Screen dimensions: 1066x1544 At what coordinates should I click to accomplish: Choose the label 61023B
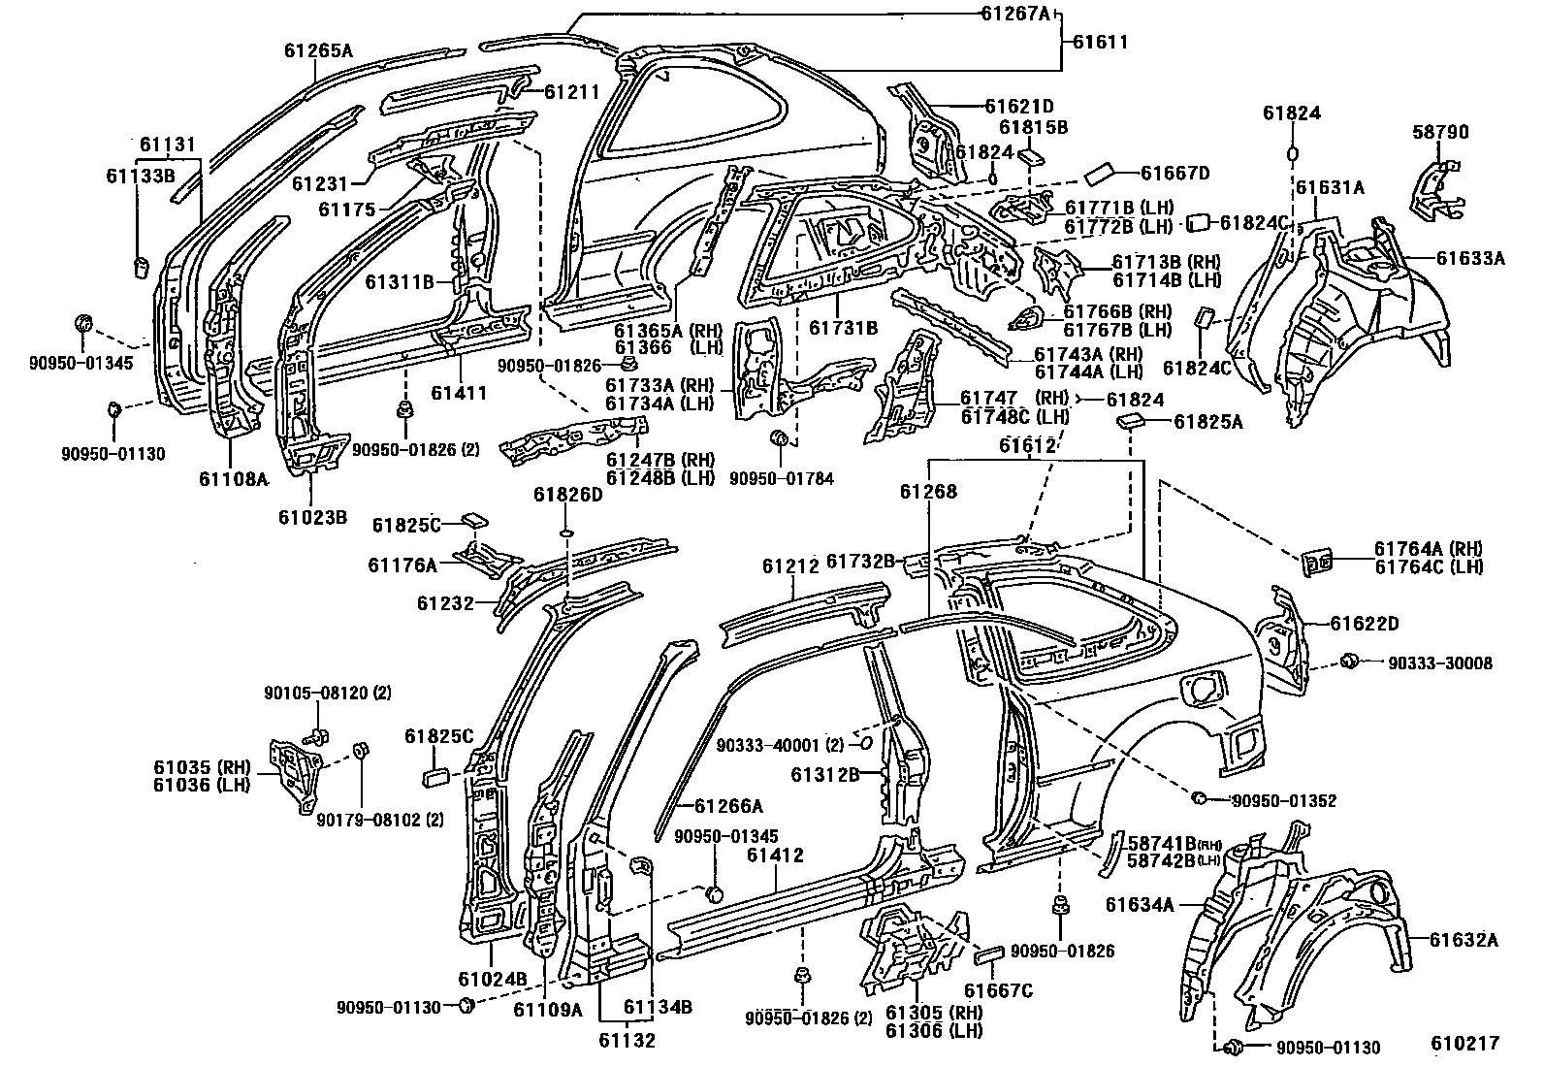312,517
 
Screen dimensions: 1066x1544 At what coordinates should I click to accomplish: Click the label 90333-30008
1439,663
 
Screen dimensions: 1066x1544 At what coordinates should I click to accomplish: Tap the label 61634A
1140,905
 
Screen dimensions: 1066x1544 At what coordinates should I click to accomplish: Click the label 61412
775,856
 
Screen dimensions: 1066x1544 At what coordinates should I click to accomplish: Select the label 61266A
728,805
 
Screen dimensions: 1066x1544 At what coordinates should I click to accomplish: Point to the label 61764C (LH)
1428,566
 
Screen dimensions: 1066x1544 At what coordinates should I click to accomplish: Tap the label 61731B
843,328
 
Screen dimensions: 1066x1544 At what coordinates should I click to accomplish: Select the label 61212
791,564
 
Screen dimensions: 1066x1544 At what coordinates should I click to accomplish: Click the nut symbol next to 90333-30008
1347,662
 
